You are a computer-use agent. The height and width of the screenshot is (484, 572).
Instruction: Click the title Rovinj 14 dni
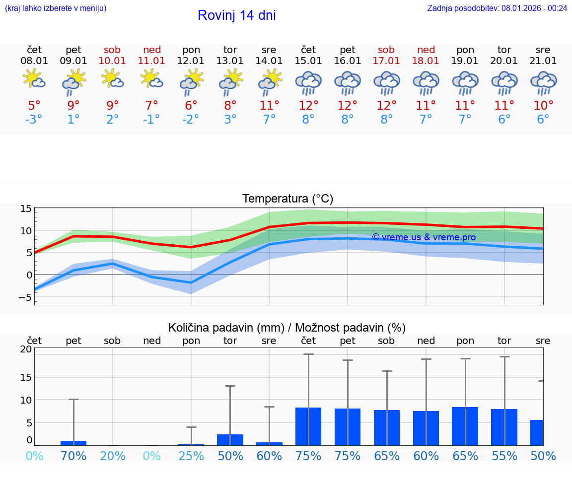pos(236,15)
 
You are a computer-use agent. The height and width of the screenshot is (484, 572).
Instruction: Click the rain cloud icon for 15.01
pos(308,83)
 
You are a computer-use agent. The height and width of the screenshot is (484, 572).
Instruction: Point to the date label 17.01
pos(386,61)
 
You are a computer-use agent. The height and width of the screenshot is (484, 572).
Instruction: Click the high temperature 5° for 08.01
pos(34,106)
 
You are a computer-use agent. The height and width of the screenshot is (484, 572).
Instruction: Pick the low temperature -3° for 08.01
pos(34,120)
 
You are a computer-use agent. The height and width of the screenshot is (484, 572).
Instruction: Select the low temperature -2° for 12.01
pos(191,120)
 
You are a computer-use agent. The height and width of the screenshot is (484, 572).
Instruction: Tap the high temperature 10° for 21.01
pos(543,106)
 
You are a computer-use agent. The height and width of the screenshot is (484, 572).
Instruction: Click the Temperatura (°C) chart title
pos(288,199)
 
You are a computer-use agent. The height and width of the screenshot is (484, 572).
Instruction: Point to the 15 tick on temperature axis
pos(26,209)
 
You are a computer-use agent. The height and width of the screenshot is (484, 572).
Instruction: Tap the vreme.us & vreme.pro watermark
pos(424,237)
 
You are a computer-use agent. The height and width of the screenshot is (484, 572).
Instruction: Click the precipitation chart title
pos(287,328)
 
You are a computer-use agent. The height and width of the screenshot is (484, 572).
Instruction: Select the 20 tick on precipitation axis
pos(26,349)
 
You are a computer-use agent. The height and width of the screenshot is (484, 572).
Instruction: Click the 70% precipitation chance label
pos(73,456)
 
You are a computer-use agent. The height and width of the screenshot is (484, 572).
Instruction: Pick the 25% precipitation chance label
pos(191,456)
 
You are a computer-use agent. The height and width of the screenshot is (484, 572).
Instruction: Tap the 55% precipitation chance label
pos(504,456)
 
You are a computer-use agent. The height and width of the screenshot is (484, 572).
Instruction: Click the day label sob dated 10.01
pos(113,50)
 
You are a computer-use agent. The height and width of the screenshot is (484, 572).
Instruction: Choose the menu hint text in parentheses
pos(56,8)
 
